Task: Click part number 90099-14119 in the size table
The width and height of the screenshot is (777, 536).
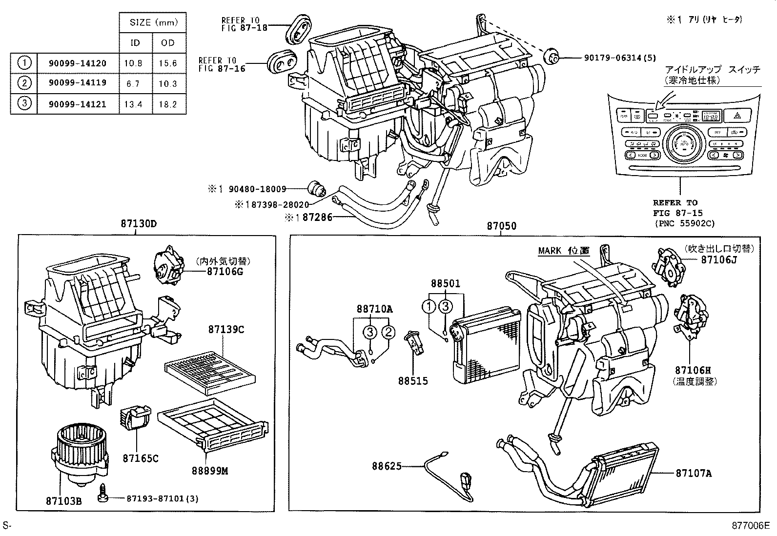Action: point(77,83)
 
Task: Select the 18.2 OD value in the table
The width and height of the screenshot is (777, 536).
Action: point(168,104)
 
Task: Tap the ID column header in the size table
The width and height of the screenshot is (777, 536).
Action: point(135,43)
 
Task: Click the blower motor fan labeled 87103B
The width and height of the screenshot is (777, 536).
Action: point(78,454)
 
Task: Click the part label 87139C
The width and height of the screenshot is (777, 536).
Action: point(226,330)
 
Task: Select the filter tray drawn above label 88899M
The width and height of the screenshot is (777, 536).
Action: point(212,423)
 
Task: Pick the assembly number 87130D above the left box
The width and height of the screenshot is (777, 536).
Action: point(139,224)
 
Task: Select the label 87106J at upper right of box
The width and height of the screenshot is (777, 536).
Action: point(718,260)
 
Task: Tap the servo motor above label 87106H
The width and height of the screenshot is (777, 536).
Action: point(691,315)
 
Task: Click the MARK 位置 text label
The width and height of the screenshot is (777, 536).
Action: point(564,251)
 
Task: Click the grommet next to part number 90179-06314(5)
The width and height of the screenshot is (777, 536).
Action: point(552,56)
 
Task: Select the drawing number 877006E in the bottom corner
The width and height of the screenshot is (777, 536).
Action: point(750,525)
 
